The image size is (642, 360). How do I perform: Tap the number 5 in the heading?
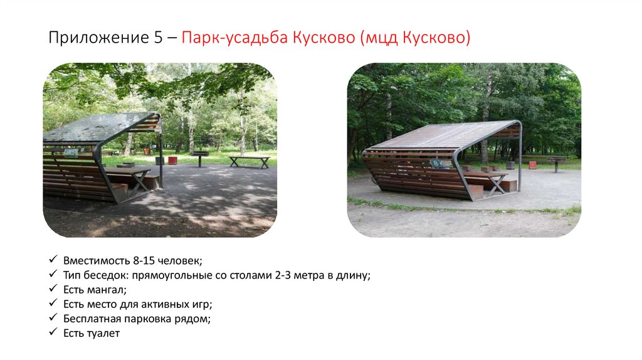click(157, 38)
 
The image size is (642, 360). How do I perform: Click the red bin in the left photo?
click(172, 160)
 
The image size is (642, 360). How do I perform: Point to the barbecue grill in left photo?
click(200, 155)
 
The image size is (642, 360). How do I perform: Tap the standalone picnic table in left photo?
click(249, 161)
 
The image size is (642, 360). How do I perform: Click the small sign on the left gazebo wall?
click(71, 152)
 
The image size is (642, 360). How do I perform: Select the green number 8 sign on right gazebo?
click(434, 163)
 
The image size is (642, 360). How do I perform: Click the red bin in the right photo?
click(532, 165)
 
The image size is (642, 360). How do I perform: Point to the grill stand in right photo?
click(555, 162)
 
